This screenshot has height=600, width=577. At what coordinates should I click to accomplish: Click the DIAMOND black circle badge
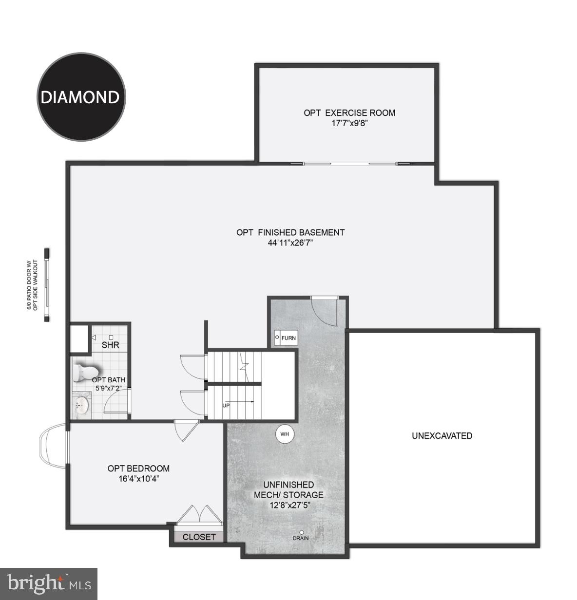click(x=81, y=97)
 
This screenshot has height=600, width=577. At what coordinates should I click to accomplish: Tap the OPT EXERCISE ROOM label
click(x=349, y=112)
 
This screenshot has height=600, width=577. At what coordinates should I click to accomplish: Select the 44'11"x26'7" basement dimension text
click(x=290, y=243)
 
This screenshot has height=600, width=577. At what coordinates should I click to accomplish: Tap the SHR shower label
click(x=111, y=345)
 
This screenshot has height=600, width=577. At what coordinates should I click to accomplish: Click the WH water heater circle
click(x=285, y=433)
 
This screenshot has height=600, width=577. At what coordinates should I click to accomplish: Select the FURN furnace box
click(x=285, y=337)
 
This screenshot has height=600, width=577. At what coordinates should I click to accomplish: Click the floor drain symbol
click(x=302, y=532)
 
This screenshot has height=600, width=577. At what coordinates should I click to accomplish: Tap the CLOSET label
click(x=199, y=537)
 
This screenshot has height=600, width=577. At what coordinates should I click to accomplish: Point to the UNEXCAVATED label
click(x=442, y=436)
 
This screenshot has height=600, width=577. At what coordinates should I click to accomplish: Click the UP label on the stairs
click(x=226, y=405)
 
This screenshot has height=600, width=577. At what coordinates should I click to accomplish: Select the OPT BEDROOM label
click(x=138, y=469)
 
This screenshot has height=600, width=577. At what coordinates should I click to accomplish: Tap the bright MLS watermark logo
click(x=49, y=583)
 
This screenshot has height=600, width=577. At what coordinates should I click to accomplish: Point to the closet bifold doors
click(x=199, y=515)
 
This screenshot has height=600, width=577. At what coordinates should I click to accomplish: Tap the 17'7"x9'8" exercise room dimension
click(x=349, y=123)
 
